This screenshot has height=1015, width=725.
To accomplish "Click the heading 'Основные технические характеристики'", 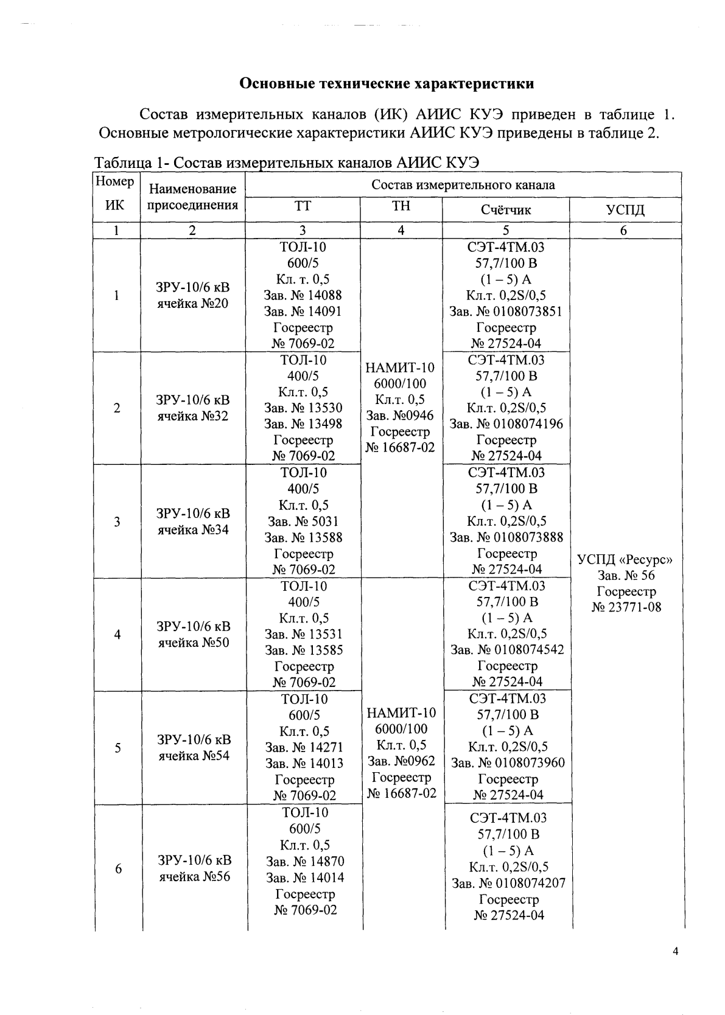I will tap(387, 83).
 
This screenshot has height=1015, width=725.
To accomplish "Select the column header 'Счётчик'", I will tap(505, 210).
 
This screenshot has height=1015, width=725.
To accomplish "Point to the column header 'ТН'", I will tap(401, 206).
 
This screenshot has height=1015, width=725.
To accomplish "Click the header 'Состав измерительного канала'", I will tap(463, 185).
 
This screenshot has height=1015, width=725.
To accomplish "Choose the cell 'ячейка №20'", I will tap(193, 303).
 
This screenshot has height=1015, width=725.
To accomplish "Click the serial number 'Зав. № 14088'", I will tap(303, 295).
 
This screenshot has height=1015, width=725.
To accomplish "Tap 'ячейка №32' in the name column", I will tap(193, 416).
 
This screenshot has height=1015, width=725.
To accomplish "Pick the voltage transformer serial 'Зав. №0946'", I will tap(400, 416).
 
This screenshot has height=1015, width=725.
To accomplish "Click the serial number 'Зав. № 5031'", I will tap(303, 521).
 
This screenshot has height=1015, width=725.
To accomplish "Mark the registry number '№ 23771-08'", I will tap(626, 607).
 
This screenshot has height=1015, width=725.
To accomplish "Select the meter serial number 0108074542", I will tap(506, 649).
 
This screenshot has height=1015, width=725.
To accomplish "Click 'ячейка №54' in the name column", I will tap(194, 755).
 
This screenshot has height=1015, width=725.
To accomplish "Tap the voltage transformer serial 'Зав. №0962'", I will tap(401, 761).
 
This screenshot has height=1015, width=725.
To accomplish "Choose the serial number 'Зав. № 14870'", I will tap(304, 861).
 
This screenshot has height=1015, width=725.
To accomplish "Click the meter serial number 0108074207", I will tap(508, 882).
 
